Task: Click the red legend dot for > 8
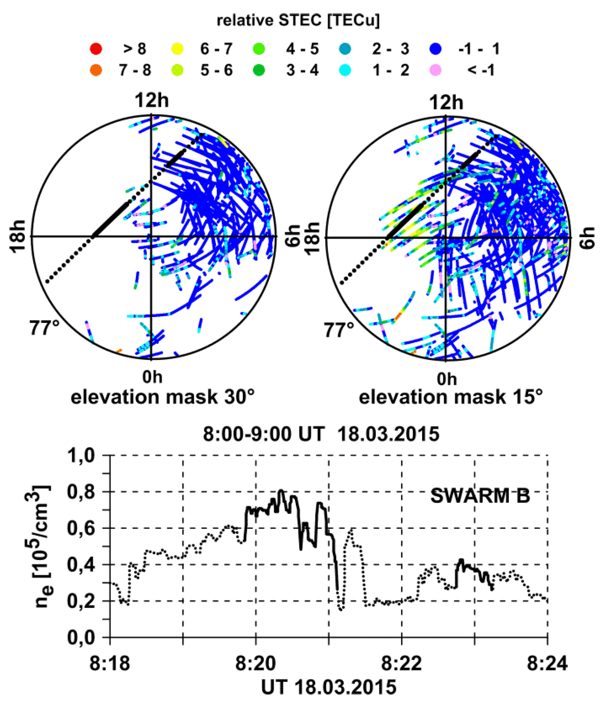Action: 96,49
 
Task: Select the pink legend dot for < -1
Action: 435,70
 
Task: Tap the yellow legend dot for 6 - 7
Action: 177,49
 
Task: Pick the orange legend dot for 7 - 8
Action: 96,70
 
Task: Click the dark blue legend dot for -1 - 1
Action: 435,49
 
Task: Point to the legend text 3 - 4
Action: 302,70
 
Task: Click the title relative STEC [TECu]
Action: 298,20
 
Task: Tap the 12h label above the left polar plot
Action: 151,101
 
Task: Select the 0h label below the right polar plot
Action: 446,379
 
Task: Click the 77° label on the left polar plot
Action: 44,328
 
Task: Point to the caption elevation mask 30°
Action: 162,397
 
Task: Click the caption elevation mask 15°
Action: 451,397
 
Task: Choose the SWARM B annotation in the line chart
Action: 480,496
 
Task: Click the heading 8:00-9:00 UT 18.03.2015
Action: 321,434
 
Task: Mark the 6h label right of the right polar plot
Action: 588,238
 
